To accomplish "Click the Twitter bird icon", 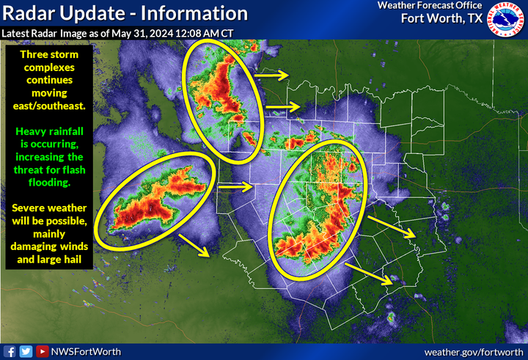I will [x=26, y=352].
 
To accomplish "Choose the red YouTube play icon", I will [x=42, y=352].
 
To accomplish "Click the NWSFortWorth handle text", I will [x=80, y=352].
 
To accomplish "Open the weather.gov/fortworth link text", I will [x=473, y=352].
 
